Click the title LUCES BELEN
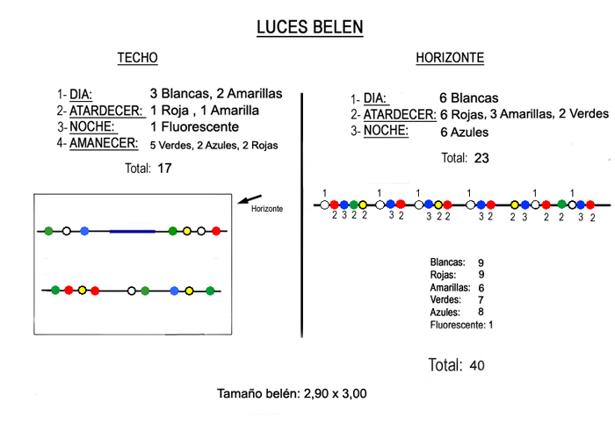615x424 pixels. (x=309, y=27)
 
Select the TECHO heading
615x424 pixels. (x=138, y=59)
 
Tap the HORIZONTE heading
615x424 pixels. (x=450, y=59)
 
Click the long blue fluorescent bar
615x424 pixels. (x=133, y=231)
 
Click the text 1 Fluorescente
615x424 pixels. (x=194, y=127)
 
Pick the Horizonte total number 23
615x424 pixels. (x=481, y=159)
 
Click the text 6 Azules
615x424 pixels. (x=465, y=132)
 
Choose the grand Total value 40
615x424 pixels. (x=476, y=365)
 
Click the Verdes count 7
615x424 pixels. (x=480, y=300)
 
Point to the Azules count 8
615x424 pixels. (x=480, y=313)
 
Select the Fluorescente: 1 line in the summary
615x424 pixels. (x=461, y=325)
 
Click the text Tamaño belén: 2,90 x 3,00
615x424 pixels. (x=292, y=393)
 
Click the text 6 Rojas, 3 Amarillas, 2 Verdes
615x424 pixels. (x=524, y=114)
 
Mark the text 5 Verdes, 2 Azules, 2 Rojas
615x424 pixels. (x=214, y=145)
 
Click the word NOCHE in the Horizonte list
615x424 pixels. (x=386, y=132)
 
